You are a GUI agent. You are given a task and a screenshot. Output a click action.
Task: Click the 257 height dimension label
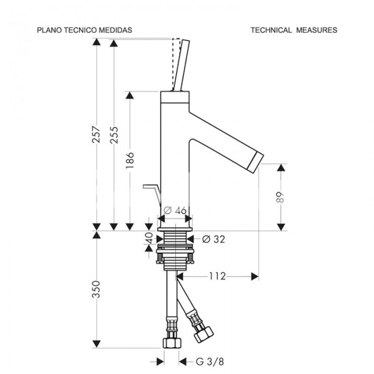tap(96, 135)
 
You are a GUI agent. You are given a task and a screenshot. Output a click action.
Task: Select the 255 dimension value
tap(114, 135)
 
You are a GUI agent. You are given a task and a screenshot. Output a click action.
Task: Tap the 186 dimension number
tap(130, 160)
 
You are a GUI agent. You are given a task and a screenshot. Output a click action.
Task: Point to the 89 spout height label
tap(280, 197)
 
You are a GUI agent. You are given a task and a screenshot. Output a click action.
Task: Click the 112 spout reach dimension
tap(217, 276)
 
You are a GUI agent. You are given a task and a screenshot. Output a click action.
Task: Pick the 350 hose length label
tap(96, 290)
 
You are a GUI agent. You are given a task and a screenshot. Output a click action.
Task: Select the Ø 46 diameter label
tap(175, 211)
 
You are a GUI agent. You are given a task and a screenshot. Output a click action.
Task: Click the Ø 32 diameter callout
tap(214, 239)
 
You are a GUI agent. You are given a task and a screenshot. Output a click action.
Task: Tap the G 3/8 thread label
tap(210, 362)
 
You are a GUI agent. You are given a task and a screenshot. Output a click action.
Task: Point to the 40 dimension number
tap(150, 238)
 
